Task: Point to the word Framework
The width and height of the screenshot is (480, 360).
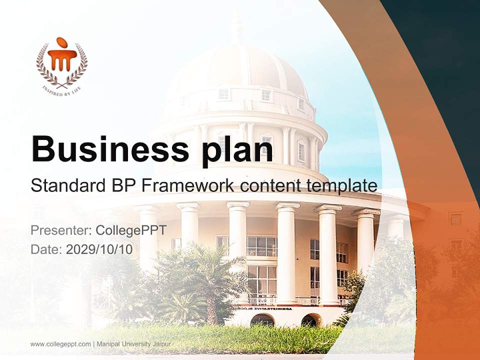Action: coord(187,185)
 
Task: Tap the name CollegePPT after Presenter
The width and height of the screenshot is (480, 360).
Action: coord(130,230)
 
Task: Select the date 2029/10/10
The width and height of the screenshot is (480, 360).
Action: coord(99,249)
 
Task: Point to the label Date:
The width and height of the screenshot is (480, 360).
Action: coord(46,249)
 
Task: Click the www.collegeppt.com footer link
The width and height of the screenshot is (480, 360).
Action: coord(60,344)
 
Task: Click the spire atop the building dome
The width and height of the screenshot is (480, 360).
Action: coord(235,27)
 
